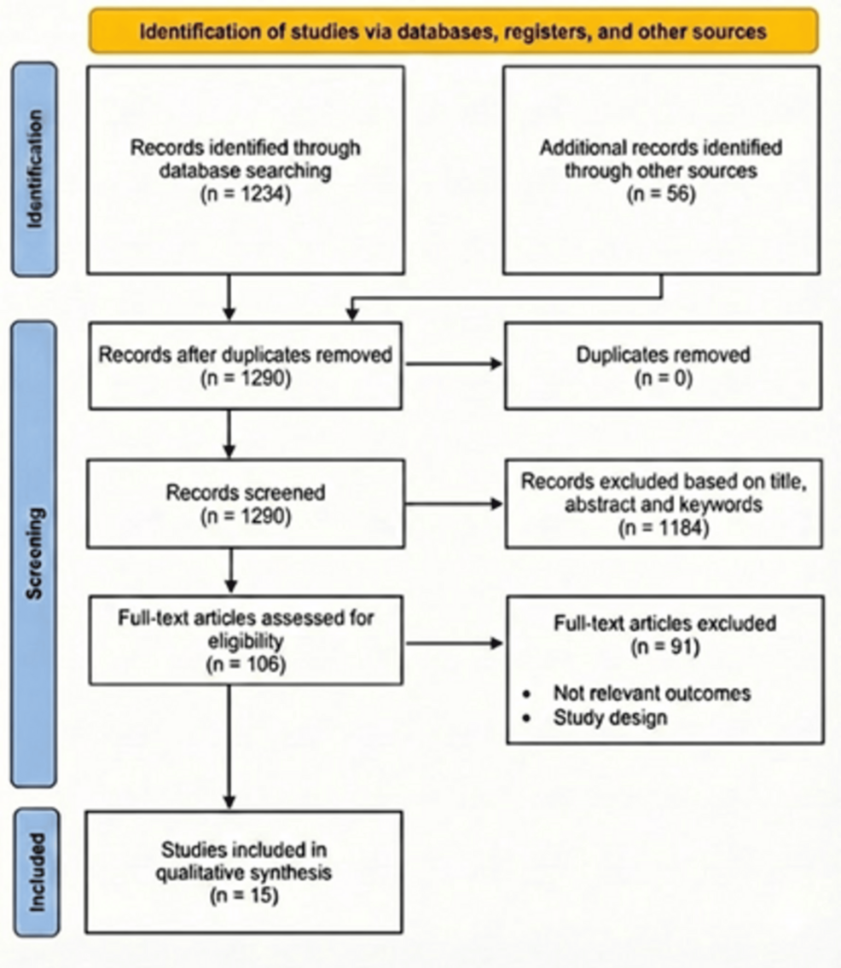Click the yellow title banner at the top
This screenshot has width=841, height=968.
(x=453, y=32)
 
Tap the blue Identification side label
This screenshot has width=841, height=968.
(x=35, y=169)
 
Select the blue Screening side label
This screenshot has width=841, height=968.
(x=35, y=553)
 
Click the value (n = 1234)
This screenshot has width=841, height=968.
(x=245, y=193)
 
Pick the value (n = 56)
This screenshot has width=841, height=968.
(x=660, y=193)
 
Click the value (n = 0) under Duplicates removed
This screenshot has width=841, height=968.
(x=663, y=375)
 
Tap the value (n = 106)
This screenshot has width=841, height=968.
(x=245, y=660)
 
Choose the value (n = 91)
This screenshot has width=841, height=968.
(x=663, y=647)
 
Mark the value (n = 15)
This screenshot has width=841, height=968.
(x=245, y=895)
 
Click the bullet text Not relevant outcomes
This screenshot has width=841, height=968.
(x=652, y=693)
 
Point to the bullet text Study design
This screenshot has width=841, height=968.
(x=610, y=716)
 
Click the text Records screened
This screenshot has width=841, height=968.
(x=245, y=492)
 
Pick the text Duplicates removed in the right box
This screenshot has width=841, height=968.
(x=663, y=353)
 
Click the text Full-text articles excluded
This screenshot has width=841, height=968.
(x=663, y=623)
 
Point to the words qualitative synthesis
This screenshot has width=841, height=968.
(x=245, y=872)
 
